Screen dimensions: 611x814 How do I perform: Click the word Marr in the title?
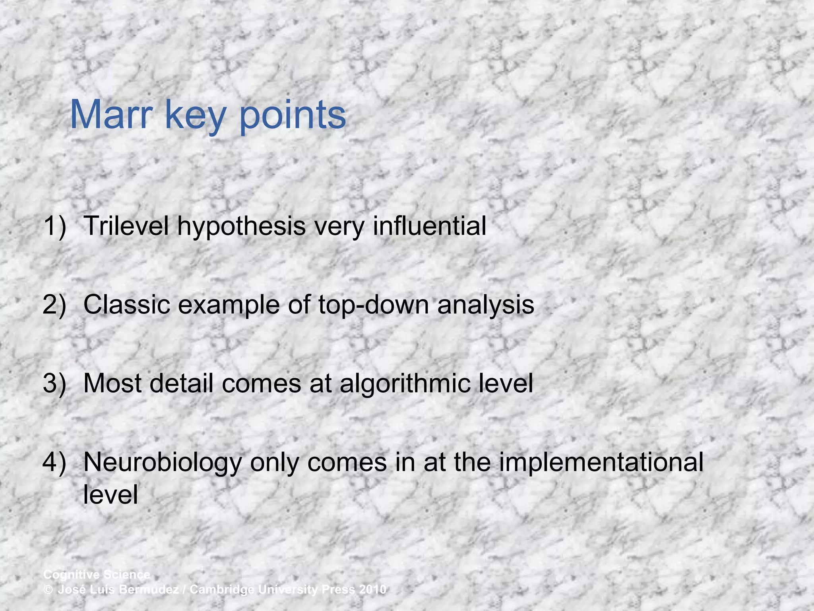click(111, 115)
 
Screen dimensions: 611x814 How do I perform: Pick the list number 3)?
click(54, 384)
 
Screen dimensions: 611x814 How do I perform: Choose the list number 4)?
click(54, 463)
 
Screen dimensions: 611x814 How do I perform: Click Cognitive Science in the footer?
click(97, 575)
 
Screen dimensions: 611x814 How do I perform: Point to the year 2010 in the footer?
click(372, 590)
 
